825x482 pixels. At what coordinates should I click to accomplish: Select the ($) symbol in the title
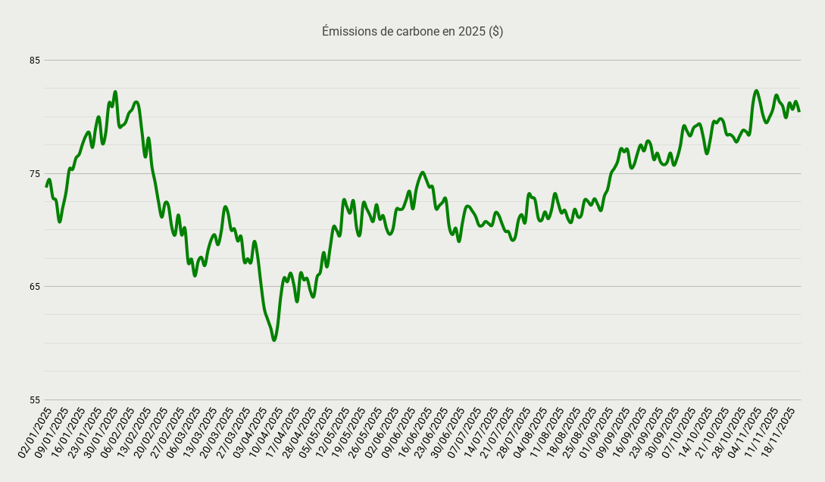pyautogui.click(x=495, y=32)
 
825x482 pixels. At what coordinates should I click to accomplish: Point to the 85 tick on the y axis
pyautogui.click(x=34, y=61)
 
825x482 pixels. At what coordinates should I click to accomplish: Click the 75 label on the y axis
pyautogui.click(x=34, y=174)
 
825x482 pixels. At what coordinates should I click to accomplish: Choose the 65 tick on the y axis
pyautogui.click(x=34, y=287)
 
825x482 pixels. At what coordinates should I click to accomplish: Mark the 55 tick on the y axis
pyautogui.click(x=34, y=400)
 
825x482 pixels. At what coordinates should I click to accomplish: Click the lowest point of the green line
pyautogui.click(x=274, y=340)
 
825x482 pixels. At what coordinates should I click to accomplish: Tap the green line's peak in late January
pyautogui.click(x=115, y=92)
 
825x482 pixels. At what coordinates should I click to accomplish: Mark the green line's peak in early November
pyautogui.click(x=756, y=91)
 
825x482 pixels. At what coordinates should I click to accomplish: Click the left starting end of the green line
pyautogui.click(x=46, y=186)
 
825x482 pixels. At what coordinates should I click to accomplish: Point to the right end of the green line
pyautogui.click(x=799, y=111)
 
